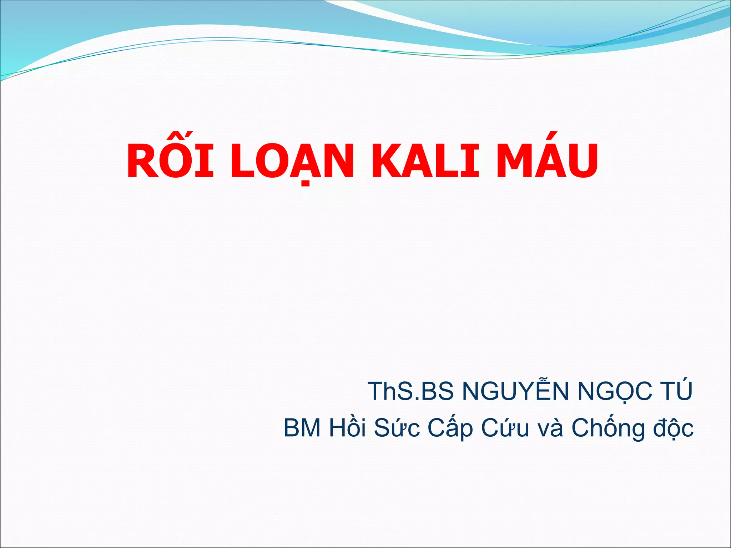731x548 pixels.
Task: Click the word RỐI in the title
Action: pos(170,161)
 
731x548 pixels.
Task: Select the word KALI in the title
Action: pos(425,161)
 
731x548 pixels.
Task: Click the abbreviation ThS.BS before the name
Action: pos(410,391)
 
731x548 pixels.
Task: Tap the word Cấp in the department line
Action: pos(450,428)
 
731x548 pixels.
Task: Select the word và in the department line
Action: pos(550,428)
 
